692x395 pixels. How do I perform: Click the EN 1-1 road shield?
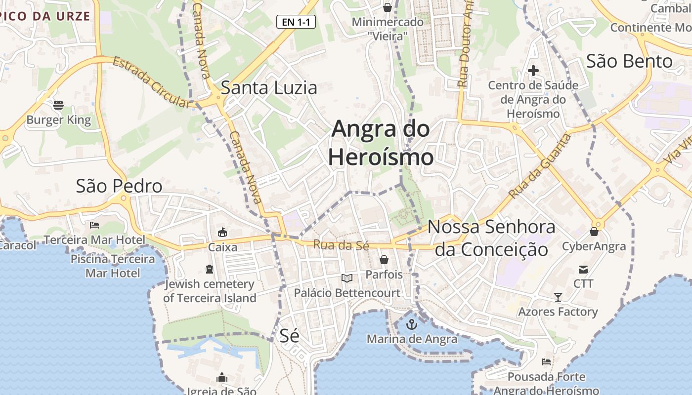pyautogui.click(x=296, y=22)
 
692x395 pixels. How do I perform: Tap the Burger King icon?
pyautogui.click(x=58, y=105)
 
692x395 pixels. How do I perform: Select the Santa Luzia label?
pyautogui.click(x=268, y=88)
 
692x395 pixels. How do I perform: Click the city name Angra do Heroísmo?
pyautogui.click(x=381, y=143)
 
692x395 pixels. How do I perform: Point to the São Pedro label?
pyautogui.click(x=119, y=186)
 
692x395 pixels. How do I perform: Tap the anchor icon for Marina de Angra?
pyautogui.click(x=411, y=324)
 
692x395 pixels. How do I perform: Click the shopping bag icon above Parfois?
pyautogui.click(x=384, y=259)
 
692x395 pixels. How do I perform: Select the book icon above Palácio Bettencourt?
pyautogui.click(x=347, y=278)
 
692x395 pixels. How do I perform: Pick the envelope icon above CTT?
pyautogui.click(x=583, y=269)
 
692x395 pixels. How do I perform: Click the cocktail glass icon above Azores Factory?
pyautogui.click(x=558, y=297)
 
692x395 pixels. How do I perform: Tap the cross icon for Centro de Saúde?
pyautogui.click(x=533, y=71)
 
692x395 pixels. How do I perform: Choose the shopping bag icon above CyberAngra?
pyautogui.click(x=594, y=231)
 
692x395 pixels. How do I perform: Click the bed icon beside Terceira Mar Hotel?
pyautogui.click(x=94, y=225)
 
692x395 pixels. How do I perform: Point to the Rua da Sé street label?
pyautogui.click(x=341, y=245)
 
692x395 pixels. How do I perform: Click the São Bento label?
pyautogui.click(x=629, y=61)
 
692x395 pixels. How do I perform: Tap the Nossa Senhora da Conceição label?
pyautogui.click(x=491, y=238)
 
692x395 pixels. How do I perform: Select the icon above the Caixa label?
pyautogui.click(x=222, y=232)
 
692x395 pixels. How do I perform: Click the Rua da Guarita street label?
pyautogui.click(x=540, y=166)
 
